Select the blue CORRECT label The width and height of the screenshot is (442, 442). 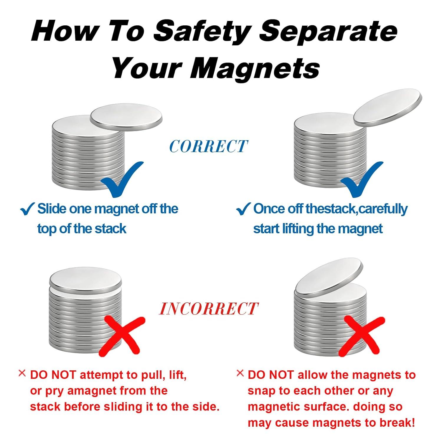click(208, 146)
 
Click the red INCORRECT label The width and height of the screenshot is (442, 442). click(209, 309)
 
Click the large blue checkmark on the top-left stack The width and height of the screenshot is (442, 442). click(121, 180)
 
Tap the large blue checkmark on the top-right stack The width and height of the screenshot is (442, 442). click(362, 180)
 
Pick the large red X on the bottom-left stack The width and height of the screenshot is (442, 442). click(122, 336)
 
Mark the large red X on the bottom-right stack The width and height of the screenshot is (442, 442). click(362, 336)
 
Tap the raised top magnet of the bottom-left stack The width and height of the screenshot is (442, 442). click(85, 280)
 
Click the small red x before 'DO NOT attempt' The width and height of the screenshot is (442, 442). click(22, 373)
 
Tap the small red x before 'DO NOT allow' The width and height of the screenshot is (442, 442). click(240, 373)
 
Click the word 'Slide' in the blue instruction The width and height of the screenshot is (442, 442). click(52, 209)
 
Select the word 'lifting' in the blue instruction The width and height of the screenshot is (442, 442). click(298, 229)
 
